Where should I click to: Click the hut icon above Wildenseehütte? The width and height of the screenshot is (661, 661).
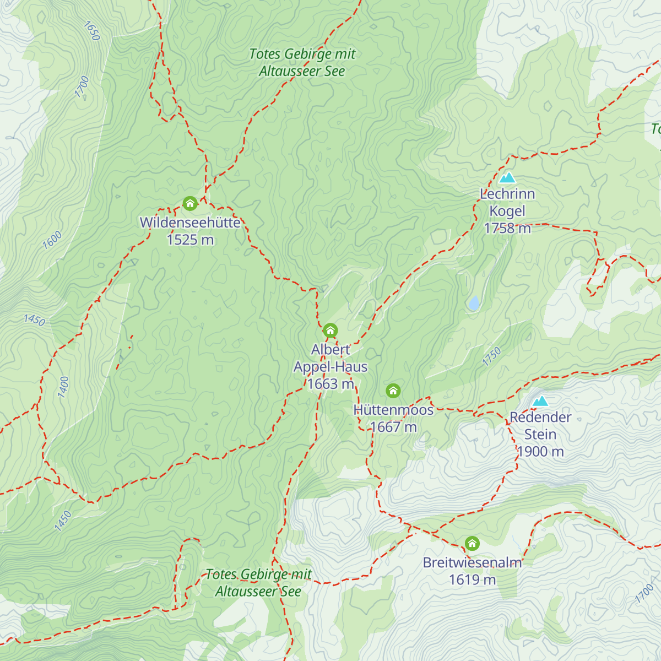190,204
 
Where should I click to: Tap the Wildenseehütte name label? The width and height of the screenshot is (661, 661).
190,223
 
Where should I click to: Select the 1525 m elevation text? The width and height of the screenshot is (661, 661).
190,240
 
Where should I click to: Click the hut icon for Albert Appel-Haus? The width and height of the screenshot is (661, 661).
330,330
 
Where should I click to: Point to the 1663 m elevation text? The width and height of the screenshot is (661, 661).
330,384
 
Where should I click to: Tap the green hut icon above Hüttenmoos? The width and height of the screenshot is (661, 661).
393,391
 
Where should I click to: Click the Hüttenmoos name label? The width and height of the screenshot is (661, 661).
393,410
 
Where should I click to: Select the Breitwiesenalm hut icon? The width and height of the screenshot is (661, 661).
472,544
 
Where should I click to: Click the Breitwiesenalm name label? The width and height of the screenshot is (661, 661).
472,562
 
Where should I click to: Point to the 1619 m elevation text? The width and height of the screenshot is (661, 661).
472,579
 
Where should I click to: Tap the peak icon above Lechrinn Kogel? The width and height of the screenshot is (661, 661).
507,177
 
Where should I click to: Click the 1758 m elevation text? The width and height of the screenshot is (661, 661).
507,228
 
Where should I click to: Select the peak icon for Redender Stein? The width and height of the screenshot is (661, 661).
540,400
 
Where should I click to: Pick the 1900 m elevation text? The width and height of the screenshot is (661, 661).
540,452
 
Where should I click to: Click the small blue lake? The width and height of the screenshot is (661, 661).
473,303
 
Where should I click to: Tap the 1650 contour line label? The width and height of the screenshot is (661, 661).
91,31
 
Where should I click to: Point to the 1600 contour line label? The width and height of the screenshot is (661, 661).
52,240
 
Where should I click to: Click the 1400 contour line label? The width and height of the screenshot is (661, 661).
63,387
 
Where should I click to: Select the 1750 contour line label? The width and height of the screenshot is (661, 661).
492,356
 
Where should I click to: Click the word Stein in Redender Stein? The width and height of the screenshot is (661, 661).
540,434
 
